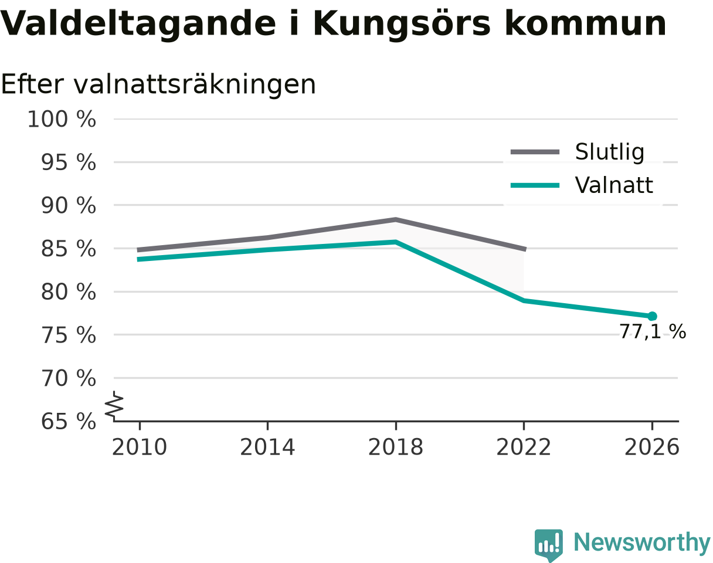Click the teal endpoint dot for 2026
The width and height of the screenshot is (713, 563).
pyautogui.click(x=651, y=316)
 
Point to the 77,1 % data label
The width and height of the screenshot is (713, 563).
pyautogui.click(x=653, y=332)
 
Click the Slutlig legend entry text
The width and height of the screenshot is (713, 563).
pyautogui.click(x=610, y=152)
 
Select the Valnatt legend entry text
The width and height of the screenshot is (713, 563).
pyautogui.click(x=614, y=185)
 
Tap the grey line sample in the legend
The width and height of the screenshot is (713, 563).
pyautogui.click(x=535, y=152)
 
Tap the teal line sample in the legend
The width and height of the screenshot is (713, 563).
pyautogui.click(x=535, y=185)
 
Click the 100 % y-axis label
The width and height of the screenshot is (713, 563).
pyautogui.click(x=62, y=119)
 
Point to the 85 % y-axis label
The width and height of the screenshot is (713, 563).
pyautogui.click(x=68, y=249)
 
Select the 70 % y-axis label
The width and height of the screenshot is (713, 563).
pyautogui.click(x=68, y=378)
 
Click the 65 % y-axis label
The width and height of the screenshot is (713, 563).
pyautogui.click(x=68, y=422)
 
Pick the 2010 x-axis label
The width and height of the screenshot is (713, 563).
pyautogui.click(x=140, y=447)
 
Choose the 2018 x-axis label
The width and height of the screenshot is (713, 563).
pyautogui.click(x=396, y=447)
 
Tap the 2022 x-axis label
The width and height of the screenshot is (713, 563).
pyautogui.click(x=524, y=447)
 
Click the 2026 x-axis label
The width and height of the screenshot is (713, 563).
pyautogui.click(x=651, y=447)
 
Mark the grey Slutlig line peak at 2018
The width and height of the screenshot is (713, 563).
pyautogui.click(x=396, y=219)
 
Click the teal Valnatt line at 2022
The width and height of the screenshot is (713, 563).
pyautogui.click(x=524, y=300)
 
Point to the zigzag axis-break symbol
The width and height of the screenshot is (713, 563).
pyautogui.click(x=114, y=404)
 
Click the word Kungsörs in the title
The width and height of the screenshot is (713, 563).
pyautogui.click(x=402, y=24)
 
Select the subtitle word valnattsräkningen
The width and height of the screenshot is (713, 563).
pyautogui.click(x=195, y=85)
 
